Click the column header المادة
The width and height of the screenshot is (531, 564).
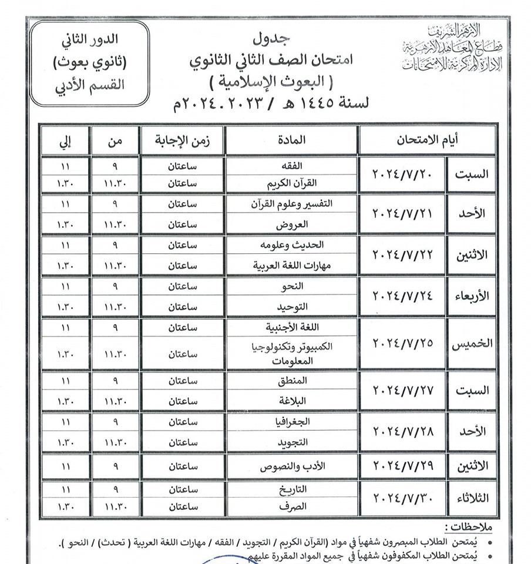291,140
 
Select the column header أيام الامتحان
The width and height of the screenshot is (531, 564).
428,140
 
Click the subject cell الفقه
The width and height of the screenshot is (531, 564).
291,166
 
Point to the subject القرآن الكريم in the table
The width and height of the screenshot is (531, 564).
291,183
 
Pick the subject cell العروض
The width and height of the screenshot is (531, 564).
291,225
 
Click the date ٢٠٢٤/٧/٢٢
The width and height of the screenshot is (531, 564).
403,255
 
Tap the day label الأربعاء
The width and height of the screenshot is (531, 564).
472,296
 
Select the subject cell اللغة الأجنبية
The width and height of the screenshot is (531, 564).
291,327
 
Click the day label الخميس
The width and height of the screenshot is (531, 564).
472,344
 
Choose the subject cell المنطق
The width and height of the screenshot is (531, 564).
291,381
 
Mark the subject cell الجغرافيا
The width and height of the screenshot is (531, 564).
291,422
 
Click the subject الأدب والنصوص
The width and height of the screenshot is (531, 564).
291,468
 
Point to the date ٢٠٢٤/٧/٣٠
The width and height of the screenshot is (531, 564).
403,498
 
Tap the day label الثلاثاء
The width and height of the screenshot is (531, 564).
472,498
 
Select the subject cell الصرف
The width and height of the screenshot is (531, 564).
291,506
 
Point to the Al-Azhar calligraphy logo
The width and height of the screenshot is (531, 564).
452,49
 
